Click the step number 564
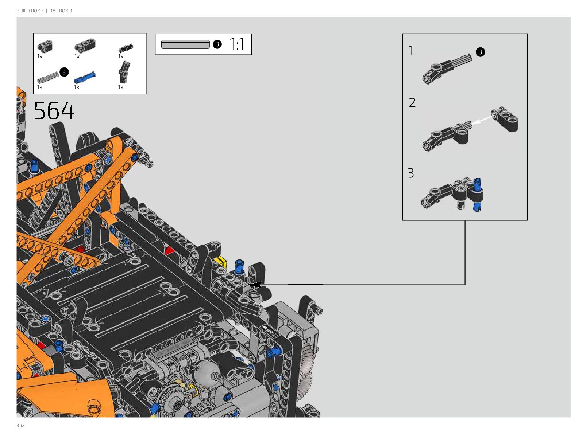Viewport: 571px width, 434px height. coord(54,111)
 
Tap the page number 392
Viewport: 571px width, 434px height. coord(20,425)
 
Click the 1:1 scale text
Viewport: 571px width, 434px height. coord(237,44)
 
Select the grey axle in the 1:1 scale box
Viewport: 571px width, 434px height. coord(185,44)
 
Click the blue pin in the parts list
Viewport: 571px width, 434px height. coord(85,77)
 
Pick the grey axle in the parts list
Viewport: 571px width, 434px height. coord(48,77)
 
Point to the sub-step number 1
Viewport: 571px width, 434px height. coord(411,50)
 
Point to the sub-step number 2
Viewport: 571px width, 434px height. coord(412,103)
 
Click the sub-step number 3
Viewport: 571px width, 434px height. coord(410,173)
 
